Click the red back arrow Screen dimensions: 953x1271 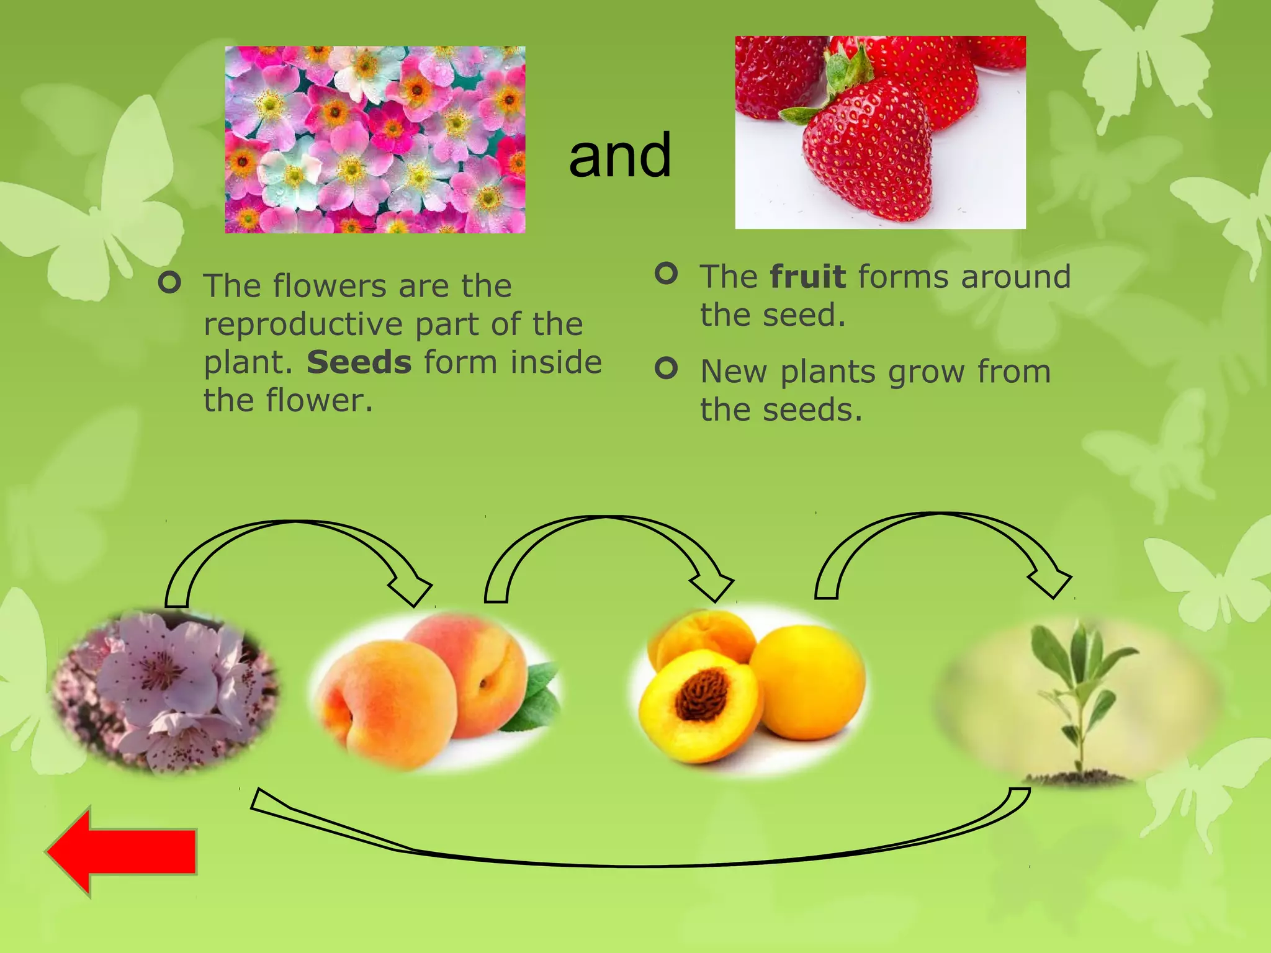pyautogui.click(x=124, y=852)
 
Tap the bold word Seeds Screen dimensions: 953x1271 pyautogui.click(x=359, y=362)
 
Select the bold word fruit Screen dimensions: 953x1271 pyautogui.click(x=807, y=277)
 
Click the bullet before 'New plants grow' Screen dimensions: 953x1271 pyautogui.click(x=666, y=369)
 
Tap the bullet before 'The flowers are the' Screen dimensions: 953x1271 pyautogui.click(x=169, y=283)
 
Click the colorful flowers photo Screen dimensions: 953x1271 pyautogui.click(x=375, y=140)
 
